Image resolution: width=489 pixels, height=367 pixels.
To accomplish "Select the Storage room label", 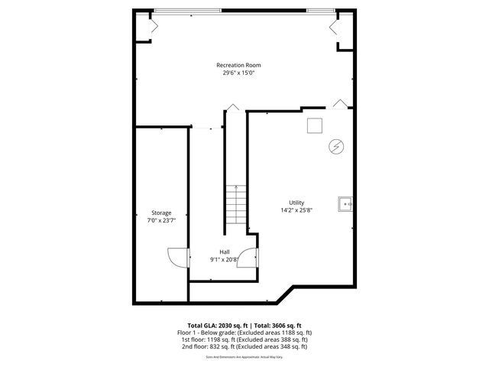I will tap(161, 213).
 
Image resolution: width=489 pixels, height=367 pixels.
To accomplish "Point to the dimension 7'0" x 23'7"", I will tap(161, 220).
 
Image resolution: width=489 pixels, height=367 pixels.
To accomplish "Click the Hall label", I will tap(225, 252).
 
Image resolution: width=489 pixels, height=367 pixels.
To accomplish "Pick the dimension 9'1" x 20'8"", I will tap(225, 259).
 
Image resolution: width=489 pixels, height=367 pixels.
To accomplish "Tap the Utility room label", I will tap(296, 202).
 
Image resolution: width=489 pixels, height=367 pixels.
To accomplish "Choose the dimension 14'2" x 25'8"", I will tap(296, 209).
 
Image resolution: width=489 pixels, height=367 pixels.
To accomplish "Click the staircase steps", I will tap(236, 206).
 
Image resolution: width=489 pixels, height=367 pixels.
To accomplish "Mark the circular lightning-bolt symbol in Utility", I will tap(334, 145).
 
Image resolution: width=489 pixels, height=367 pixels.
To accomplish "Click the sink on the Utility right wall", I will tap(346, 203).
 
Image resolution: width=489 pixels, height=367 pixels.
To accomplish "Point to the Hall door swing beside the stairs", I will tap(247, 261).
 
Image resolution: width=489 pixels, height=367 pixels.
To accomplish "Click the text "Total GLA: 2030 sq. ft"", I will tap(215, 325).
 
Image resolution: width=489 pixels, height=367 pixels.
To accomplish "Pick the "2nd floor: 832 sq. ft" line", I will tap(244, 346).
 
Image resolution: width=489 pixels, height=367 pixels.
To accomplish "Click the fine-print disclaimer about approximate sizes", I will tap(244, 356).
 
